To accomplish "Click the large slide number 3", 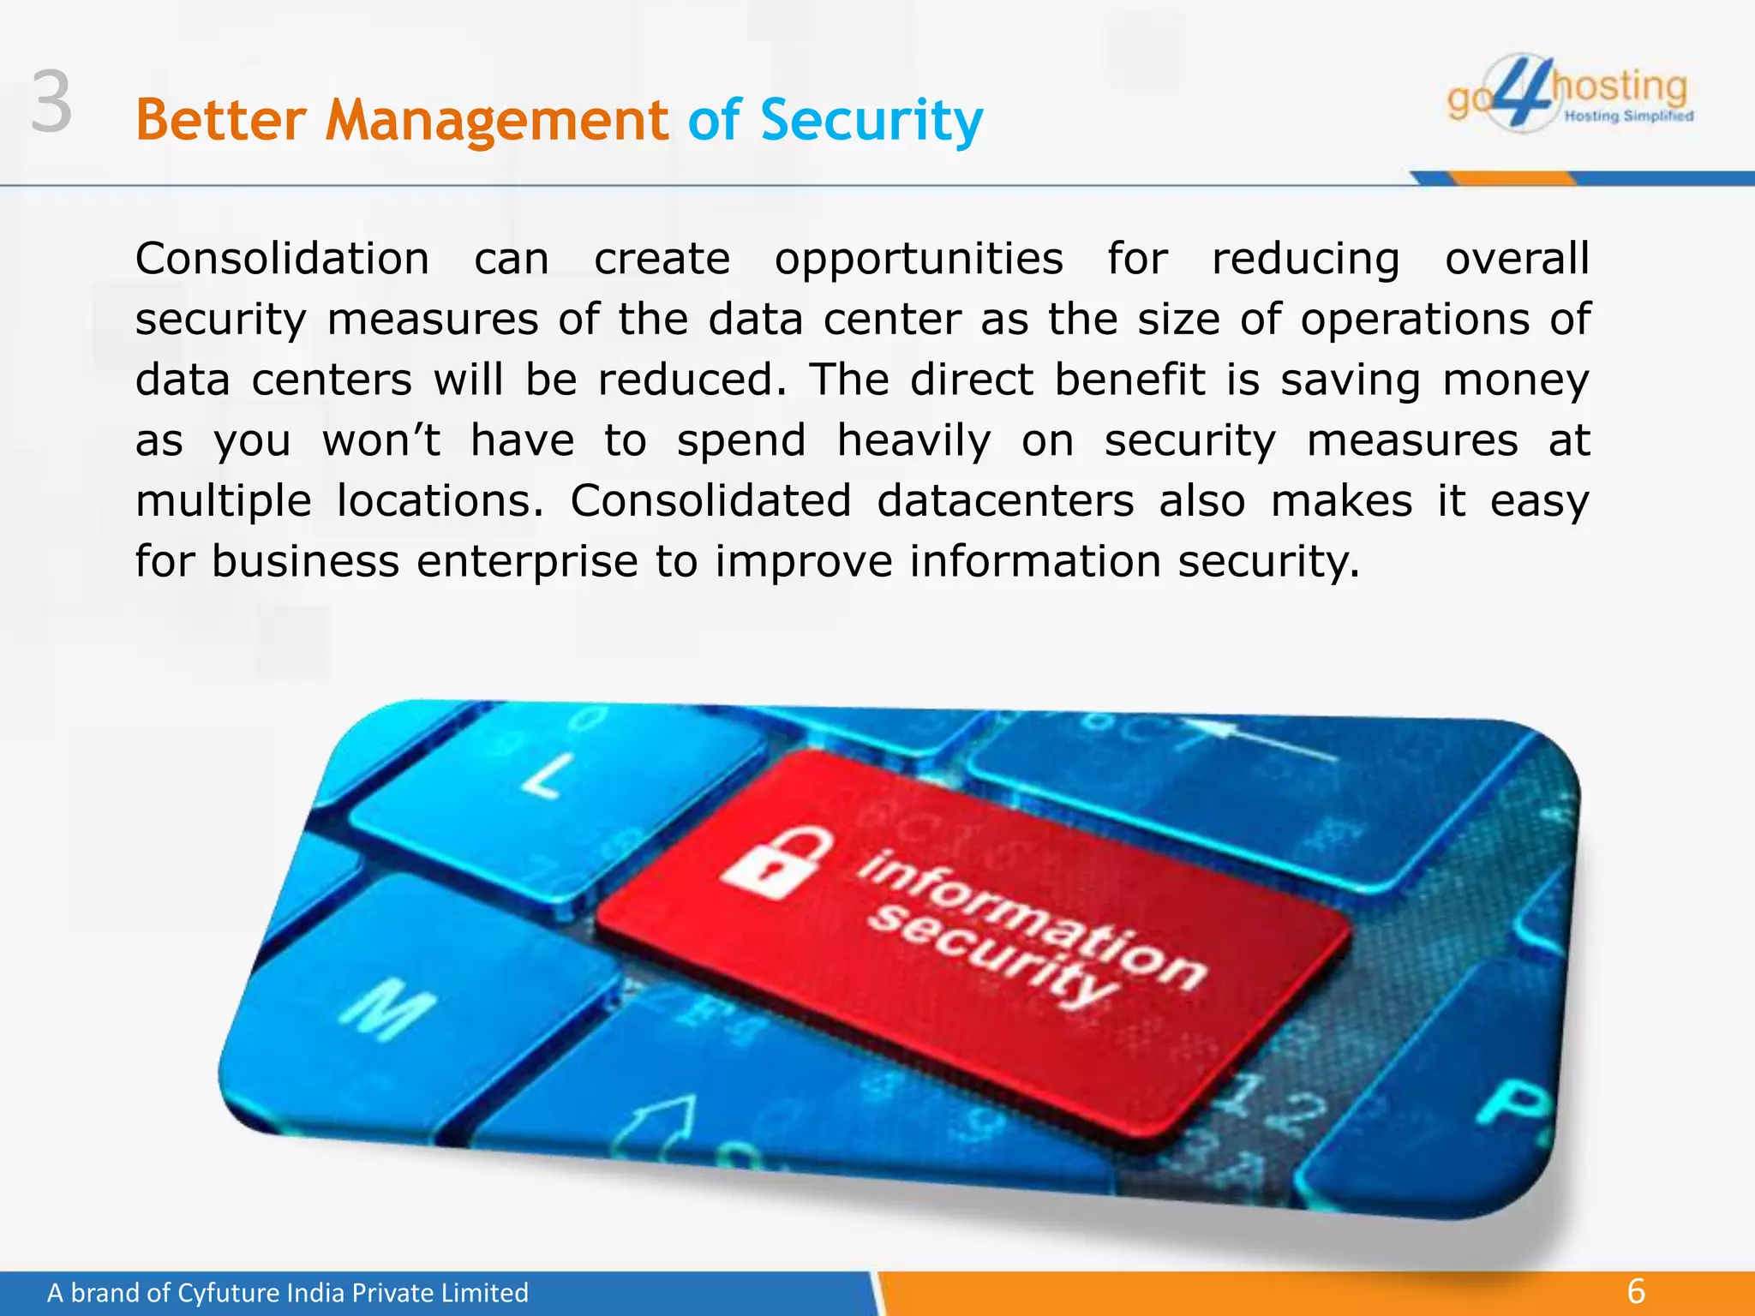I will click(x=51, y=103).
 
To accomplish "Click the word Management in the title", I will click(x=496, y=120).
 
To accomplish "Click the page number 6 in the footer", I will click(x=1636, y=1290).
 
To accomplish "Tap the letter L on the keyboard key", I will click(x=549, y=776).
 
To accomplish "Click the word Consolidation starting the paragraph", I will click(x=282, y=259).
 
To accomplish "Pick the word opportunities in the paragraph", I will click(x=919, y=259).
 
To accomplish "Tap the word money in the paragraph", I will click(x=1516, y=380).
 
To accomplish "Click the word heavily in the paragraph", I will click(x=913, y=441).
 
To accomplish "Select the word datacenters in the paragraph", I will click(x=1005, y=501).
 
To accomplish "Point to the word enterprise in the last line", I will click(x=527, y=562).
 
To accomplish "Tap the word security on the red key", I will click(x=994, y=959).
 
